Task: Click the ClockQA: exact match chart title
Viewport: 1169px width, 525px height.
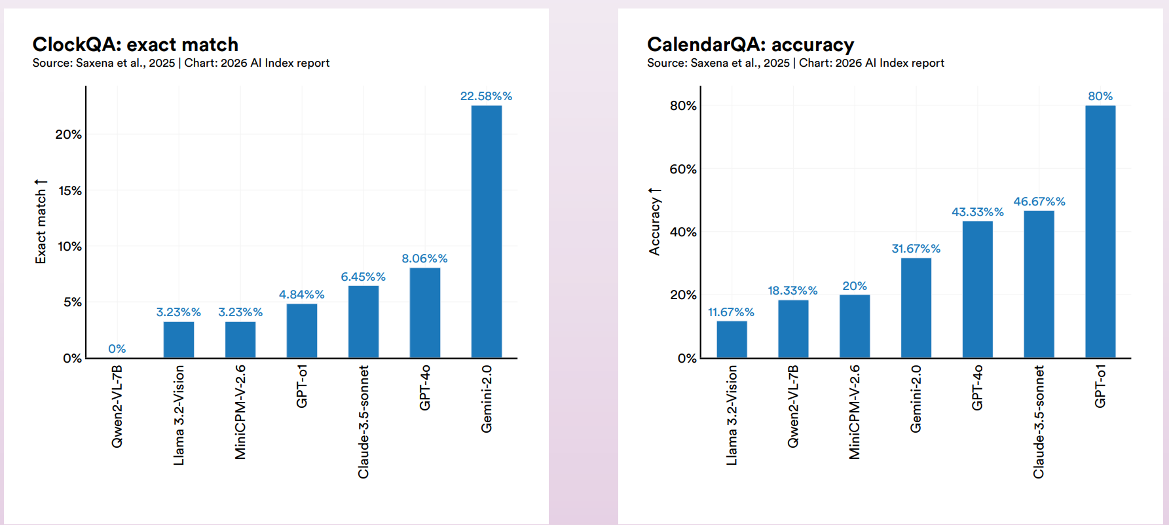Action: (x=136, y=45)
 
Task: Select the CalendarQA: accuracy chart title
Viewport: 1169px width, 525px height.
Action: (x=751, y=45)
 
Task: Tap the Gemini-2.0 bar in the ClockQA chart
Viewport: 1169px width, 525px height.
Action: (x=487, y=232)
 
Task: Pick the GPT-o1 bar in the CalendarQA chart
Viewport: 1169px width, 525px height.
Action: (x=1100, y=232)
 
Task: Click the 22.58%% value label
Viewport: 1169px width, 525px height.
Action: (x=486, y=96)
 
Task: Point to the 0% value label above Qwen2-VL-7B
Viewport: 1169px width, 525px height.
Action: (x=117, y=349)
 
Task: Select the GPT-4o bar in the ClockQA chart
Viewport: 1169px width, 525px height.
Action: (x=425, y=313)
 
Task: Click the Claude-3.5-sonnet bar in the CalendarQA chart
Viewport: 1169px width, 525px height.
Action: (x=1039, y=284)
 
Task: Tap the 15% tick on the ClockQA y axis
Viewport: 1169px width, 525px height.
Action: (x=70, y=190)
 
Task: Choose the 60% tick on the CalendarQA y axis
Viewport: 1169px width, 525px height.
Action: (x=683, y=169)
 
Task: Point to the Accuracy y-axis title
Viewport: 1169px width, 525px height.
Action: (x=654, y=221)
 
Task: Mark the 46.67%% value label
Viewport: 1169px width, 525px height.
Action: (x=1039, y=202)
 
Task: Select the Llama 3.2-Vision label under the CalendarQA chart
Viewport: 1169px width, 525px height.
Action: (x=732, y=416)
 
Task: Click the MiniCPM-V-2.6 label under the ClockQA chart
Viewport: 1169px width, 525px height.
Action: (x=240, y=412)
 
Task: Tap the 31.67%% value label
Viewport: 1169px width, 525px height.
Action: (x=916, y=249)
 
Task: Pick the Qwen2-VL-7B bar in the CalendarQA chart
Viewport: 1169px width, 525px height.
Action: (x=793, y=329)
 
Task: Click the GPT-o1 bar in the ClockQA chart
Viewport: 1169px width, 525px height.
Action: (x=302, y=331)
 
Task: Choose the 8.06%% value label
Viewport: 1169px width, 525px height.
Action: (x=424, y=259)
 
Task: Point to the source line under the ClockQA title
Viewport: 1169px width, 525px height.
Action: (x=181, y=63)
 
